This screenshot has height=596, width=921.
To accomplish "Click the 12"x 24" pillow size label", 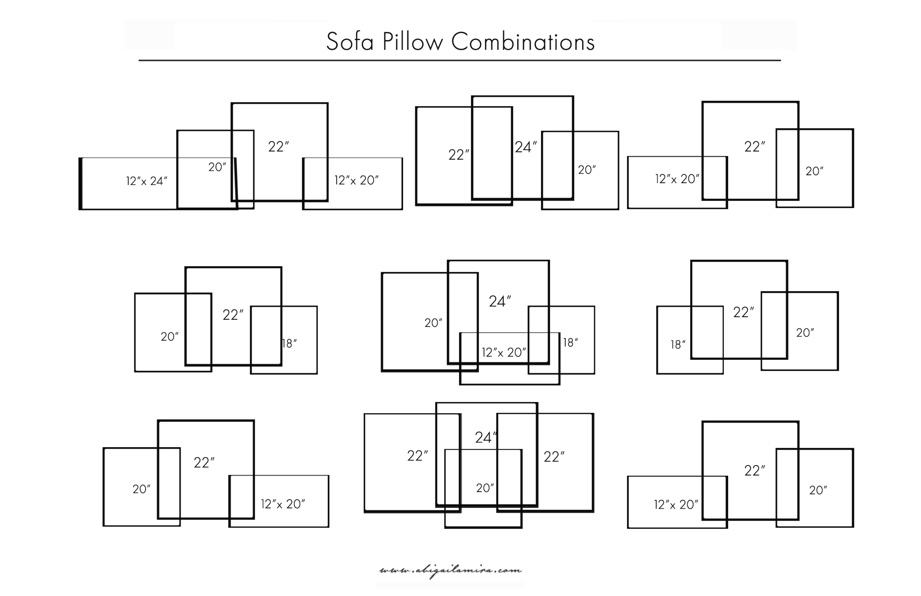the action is pyautogui.click(x=147, y=181).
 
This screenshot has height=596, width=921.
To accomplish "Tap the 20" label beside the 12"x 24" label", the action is pyautogui.click(x=217, y=167).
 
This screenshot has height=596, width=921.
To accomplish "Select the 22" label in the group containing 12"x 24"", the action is pyautogui.click(x=279, y=147).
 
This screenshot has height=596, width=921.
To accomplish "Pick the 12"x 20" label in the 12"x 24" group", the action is pyautogui.click(x=356, y=180).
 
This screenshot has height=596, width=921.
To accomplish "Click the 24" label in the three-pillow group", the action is pyautogui.click(x=525, y=147).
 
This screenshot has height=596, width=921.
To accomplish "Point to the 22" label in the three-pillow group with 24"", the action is pyautogui.click(x=459, y=155).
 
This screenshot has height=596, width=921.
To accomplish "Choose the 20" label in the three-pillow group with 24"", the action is pyautogui.click(x=586, y=170).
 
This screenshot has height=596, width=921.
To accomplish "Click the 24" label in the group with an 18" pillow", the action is pyautogui.click(x=500, y=301).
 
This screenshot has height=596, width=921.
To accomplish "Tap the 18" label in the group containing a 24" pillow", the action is pyautogui.click(x=570, y=343).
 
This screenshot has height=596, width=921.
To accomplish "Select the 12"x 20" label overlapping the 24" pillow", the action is pyautogui.click(x=504, y=353).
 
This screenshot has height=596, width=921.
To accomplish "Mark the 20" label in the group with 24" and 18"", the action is pyautogui.click(x=433, y=323).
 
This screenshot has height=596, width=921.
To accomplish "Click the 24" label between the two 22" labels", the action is pyautogui.click(x=486, y=438).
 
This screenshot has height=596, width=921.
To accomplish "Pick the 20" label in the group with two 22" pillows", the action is pyautogui.click(x=485, y=488).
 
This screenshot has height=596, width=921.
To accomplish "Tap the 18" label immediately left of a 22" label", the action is pyautogui.click(x=677, y=344).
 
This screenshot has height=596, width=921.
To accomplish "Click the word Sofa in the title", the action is pyautogui.click(x=350, y=42).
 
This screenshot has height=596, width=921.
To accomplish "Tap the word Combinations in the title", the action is pyautogui.click(x=523, y=42).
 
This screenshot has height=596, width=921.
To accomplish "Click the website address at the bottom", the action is pyautogui.click(x=451, y=571).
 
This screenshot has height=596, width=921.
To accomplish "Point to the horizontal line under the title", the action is pyautogui.click(x=460, y=60).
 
